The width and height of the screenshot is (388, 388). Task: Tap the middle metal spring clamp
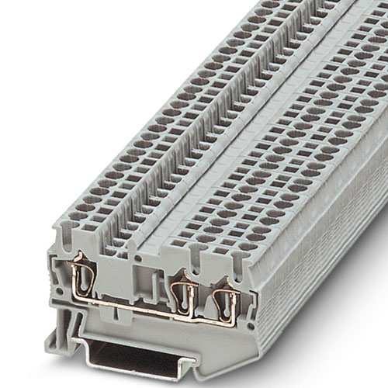pyautogui.click(x=183, y=294)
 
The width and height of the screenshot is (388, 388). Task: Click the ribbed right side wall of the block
pyautogui.click(x=326, y=256)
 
